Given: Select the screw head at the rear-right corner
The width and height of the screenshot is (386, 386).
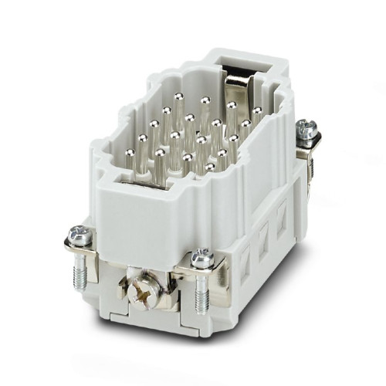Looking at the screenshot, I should [x=306, y=128].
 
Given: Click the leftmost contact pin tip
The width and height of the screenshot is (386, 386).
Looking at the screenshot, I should [x=141, y=139].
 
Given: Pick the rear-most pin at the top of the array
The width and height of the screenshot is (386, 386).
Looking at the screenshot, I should [x=178, y=97].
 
